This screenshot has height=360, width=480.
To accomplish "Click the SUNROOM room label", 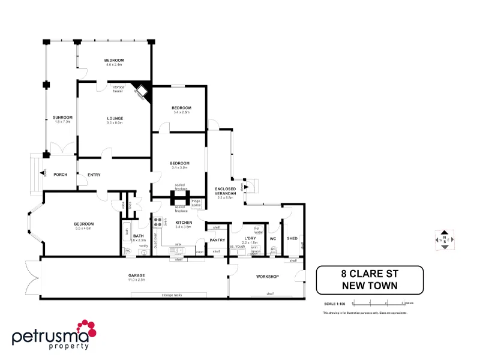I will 62,117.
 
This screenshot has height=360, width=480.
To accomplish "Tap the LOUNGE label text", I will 115,118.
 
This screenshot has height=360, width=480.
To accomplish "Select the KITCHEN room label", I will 182,223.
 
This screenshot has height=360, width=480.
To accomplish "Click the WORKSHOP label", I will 268,277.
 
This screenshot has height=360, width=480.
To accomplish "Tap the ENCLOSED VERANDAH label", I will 226,191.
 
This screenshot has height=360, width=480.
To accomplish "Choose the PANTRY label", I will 217,241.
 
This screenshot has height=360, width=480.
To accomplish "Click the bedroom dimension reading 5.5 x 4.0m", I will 84,229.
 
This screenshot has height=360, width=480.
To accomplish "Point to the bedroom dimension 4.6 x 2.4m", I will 114,65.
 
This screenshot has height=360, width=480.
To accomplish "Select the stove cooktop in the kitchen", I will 158,222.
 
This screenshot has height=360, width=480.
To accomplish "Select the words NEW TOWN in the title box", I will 370,286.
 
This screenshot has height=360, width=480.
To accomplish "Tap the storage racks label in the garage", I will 172,295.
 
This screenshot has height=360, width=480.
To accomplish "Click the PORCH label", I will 60,175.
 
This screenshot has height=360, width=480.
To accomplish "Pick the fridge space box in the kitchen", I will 196,202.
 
